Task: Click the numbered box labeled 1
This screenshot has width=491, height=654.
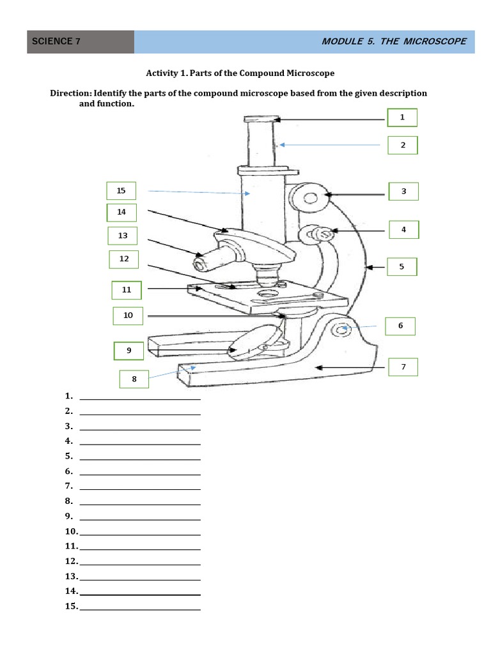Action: pos(402,118)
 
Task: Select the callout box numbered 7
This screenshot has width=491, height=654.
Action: pos(403,367)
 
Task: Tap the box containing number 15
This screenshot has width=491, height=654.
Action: pos(121,190)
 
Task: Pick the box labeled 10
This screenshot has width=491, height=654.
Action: pos(128,316)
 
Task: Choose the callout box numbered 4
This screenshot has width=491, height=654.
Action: pos(403,229)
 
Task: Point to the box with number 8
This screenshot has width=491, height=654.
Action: pos(134,379)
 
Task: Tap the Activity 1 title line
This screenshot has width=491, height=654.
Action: pos(240,73)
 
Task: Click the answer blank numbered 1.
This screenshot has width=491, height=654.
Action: pos(139,397)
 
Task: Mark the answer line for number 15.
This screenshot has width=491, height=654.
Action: pos(139,607)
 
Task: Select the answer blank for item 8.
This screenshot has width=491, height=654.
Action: pos(139,502)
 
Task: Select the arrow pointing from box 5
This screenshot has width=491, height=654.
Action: pos(378,267)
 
